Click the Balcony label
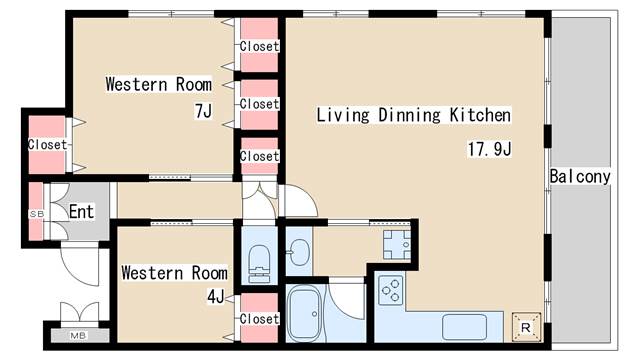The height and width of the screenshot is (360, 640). (x=580, y=176)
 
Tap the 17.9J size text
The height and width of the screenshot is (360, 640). (x=489, y=149)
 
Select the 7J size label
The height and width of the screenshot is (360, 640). (x=203, y=111)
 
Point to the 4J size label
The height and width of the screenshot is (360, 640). (x=216, y=297)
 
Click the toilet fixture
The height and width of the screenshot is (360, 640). (x=259, y=263)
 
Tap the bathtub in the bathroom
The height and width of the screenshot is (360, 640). (x=305, y=314)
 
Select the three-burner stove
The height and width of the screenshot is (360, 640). (x=390, y=290)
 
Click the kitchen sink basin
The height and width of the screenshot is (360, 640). (x=464, y=327)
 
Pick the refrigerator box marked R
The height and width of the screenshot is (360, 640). (x=526, y=327)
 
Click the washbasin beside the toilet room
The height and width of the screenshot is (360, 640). (x=299, y=250)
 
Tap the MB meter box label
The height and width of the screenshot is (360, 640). (x=78, y=336)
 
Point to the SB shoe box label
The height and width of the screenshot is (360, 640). (x=36, y=213)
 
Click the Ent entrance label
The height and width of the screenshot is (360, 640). (x=82, y=211)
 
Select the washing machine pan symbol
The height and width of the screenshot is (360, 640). (x=397, y=245)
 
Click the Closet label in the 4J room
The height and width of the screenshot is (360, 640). (x=259, y=319)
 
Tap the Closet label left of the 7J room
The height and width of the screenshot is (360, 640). (x=47, y=144)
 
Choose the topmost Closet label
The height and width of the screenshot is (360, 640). (x=259, y=46)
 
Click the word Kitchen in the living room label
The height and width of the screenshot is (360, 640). (x=480, y=115)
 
